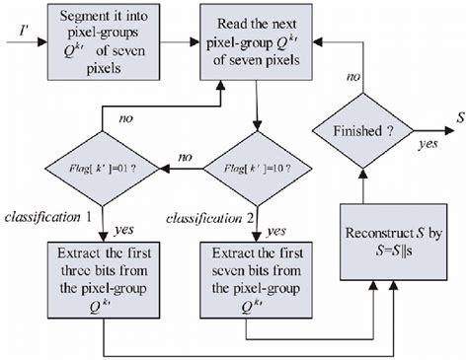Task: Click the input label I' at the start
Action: coord(22,42)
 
